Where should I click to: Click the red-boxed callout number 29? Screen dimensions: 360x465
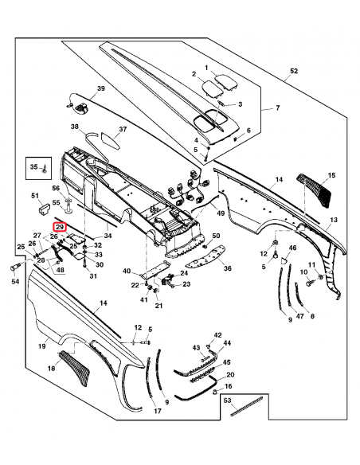[60, 227]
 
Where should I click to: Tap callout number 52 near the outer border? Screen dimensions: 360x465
[294, 71]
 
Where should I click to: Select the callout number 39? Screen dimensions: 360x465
[101, 88]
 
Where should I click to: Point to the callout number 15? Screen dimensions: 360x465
[331, 175]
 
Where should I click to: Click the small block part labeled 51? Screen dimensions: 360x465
[44, 209]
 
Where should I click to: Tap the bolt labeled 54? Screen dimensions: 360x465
[14, 268]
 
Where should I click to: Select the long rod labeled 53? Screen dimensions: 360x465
[247, 407]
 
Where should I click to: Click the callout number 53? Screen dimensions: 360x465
[227, 401]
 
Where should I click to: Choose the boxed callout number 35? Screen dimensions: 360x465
[34, 167]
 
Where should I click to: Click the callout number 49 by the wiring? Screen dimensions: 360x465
[221, 213]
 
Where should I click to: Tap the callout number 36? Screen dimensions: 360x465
[227, 268]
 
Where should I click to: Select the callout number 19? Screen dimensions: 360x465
[41, 346]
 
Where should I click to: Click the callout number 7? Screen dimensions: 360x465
[277, 108]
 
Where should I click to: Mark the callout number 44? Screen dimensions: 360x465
[227, 343]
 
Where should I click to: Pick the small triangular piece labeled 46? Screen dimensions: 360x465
[284, 260]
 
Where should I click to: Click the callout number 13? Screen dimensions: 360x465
[334, 220]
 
